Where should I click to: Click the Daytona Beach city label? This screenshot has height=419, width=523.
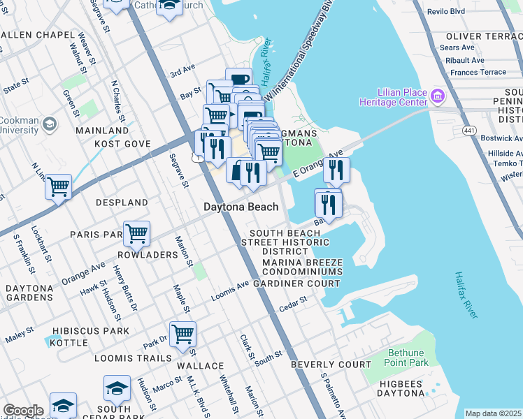coord(241,207)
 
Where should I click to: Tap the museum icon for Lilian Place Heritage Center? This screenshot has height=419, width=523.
coord(438,94)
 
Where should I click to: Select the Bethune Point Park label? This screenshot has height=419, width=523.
coord(406,358)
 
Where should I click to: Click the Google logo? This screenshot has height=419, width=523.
coord(23,411)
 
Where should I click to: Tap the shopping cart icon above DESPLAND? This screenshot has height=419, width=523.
coord(59,186)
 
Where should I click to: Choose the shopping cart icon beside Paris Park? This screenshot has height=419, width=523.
coord(136,233)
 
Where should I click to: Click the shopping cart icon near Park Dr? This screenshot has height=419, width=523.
coord(182,334)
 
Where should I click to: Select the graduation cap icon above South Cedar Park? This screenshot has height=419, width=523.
coord(117,388)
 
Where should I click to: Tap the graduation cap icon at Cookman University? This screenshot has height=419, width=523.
coord(49,124)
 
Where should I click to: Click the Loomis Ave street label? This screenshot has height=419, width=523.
coord(230,287)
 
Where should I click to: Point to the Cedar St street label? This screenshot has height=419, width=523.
coord(293,302)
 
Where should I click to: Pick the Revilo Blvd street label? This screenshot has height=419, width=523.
coord(468,12)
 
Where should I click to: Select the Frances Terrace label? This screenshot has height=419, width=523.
coord(478,72)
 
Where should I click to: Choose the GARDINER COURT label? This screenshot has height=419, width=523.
coord(296,284)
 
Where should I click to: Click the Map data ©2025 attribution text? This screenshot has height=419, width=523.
coord(493,413)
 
